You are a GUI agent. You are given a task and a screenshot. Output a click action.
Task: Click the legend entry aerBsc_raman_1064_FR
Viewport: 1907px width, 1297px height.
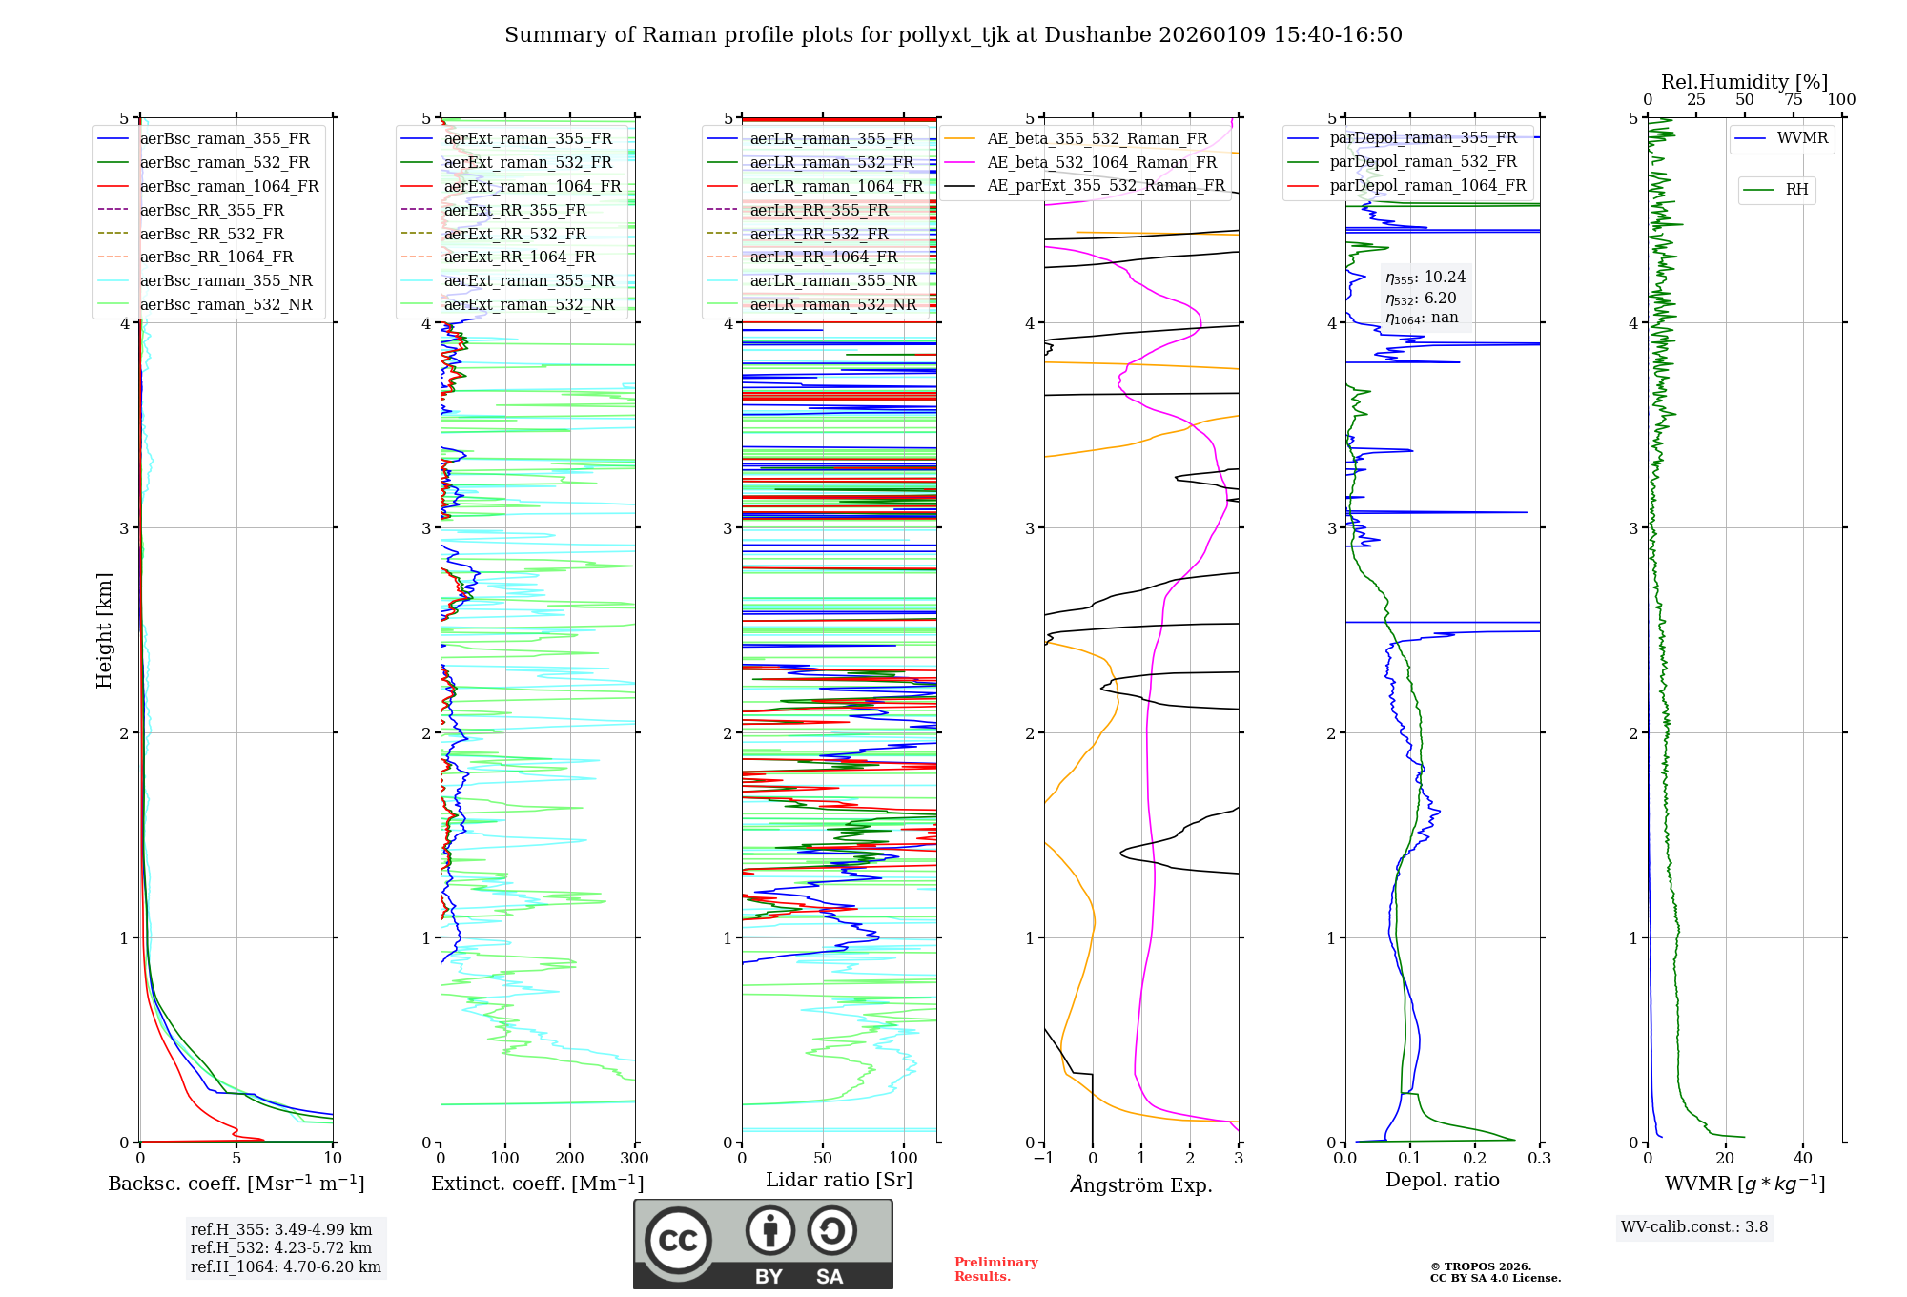[229, 187]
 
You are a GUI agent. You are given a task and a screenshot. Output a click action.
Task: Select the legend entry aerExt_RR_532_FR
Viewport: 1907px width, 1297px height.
[515, 234]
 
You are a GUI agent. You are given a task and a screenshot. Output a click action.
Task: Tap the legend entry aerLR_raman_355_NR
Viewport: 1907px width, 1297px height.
[832, 281]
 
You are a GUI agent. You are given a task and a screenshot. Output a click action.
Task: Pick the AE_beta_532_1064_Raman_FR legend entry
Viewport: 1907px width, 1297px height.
[1101, 163]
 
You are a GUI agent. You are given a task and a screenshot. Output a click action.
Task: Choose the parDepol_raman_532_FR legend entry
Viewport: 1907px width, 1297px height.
[1423, 162]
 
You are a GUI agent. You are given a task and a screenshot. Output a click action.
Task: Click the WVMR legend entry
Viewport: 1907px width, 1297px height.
[1802, 138]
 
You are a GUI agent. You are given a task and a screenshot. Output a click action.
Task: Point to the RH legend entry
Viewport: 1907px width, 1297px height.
[1796, 190]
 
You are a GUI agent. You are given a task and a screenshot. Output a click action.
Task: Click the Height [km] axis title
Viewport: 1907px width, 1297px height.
[104, 630]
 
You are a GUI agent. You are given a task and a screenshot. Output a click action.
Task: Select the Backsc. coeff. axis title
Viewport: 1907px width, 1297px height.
[236, 1184]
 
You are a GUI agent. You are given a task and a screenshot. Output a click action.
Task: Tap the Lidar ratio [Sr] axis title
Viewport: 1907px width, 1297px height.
[838, 1181]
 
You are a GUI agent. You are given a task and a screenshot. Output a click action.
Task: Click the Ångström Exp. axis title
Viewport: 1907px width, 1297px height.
[1140, 1185]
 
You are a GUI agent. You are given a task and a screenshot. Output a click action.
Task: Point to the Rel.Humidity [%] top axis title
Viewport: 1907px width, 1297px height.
[1744, 82]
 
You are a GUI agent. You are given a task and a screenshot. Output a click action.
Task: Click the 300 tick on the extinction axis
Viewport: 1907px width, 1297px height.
[634, 1159]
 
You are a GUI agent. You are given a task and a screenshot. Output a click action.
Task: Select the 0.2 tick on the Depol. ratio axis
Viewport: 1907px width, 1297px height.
[1474, 1159]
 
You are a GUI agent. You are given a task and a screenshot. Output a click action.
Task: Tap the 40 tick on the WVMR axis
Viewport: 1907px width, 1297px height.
[1802, 1159]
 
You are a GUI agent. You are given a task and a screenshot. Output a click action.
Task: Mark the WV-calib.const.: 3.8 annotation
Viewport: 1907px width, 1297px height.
[1693, 1227]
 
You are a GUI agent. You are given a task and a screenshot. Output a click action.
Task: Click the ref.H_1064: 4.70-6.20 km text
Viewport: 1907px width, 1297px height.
[285, 1267]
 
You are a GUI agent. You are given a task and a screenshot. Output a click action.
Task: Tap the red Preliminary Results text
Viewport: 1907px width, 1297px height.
[995, 1269]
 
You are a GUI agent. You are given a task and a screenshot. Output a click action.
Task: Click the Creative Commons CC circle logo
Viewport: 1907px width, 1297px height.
[678, 1241]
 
